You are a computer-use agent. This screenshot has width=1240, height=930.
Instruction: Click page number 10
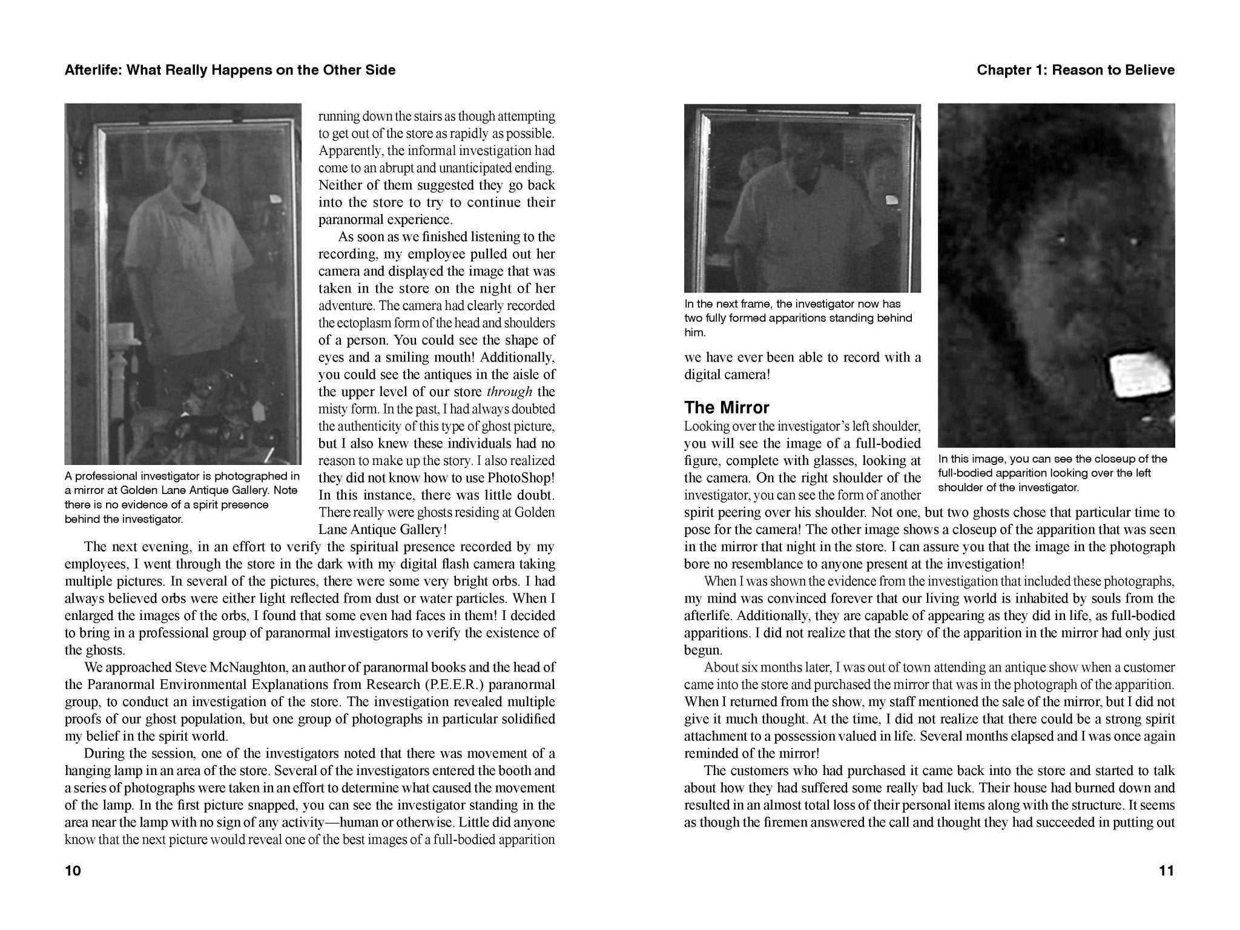(73, 871)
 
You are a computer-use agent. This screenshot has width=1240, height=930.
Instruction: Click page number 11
(1166, 871)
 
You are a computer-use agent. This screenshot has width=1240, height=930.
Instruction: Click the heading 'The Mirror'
(727, 407)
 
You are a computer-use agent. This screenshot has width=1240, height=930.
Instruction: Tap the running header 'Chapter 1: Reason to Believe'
(1075, 70)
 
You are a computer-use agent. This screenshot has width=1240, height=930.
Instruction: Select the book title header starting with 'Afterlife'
(230, 70)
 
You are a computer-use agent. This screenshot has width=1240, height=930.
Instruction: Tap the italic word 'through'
(509, 392)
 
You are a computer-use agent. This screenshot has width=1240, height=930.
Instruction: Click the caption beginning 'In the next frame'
(798, 318)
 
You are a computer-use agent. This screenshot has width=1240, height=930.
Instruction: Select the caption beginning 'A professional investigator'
(182, 497)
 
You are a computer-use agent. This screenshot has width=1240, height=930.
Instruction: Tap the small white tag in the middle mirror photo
(891, 200)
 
